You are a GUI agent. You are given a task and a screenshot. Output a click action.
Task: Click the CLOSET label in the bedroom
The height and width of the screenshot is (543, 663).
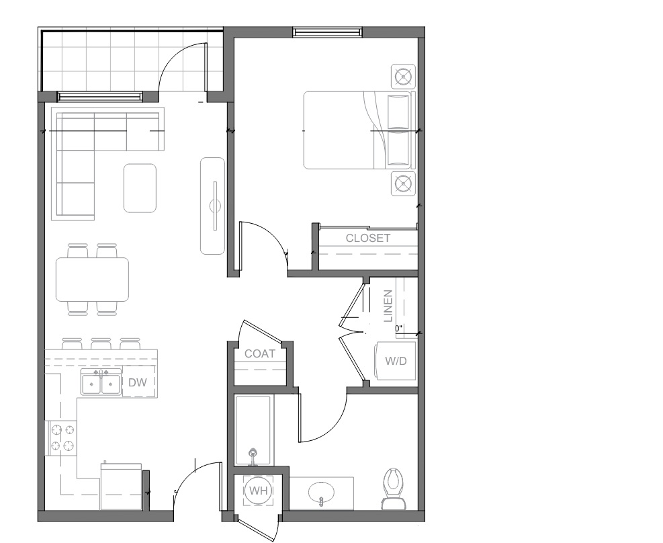[368, 238]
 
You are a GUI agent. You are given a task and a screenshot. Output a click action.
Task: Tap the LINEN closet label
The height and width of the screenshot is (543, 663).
[388, 306]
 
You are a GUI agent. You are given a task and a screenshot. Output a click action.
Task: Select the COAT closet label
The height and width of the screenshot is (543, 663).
[260, 353]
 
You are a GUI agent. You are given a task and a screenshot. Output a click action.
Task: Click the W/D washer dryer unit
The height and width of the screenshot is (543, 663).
[396, 361]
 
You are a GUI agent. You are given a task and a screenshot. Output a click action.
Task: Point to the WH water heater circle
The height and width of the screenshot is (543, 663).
[259, 491]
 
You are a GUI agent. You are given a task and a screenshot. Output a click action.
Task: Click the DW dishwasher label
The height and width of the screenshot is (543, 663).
[138, 382]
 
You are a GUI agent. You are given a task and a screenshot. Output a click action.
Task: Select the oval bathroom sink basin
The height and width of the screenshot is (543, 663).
[321, 493]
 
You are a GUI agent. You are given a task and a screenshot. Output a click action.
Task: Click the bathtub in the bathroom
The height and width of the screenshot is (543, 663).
[253, 431]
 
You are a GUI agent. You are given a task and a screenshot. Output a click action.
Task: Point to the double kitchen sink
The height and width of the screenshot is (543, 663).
[101, 382]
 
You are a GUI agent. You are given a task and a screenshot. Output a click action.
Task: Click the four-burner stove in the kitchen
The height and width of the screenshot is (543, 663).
[62, 438]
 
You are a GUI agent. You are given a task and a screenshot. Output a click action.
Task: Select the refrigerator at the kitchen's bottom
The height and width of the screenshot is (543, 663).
[122, 487]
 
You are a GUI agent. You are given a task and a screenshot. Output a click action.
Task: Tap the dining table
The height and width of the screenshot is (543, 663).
[93, 280]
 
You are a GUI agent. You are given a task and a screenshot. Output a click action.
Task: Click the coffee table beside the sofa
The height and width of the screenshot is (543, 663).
[140, 188]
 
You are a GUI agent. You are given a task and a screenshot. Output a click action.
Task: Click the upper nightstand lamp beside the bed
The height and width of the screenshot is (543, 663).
[404, 77]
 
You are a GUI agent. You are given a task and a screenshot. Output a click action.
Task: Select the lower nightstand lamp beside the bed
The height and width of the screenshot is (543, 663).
[404, 183]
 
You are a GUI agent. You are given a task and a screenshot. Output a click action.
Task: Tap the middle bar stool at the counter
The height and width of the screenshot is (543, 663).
[101, 343]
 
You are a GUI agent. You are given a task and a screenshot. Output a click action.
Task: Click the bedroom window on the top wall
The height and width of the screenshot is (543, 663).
[328, 32]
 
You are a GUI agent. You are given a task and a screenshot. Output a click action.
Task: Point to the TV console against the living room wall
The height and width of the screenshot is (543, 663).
[213, 206]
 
